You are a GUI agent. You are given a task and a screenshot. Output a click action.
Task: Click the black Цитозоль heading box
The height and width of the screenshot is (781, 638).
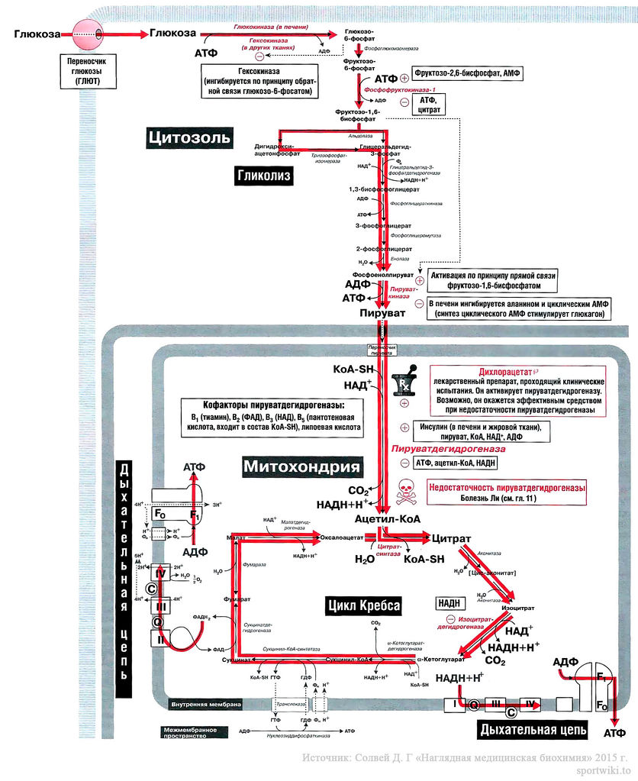pyautogui.click(x=188, y=137)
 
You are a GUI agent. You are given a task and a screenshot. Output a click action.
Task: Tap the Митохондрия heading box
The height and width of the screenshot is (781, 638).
pyautogui.click(x=301, y=466)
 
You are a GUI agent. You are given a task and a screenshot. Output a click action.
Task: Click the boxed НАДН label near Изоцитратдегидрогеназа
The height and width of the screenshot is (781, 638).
pyautogui.click(x=449, y=602)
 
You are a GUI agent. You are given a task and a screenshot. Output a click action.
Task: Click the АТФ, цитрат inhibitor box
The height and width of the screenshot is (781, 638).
pyautogui.click(x=427, y=105)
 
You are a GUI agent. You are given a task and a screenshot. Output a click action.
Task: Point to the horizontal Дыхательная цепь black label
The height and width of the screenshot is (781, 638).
pyautogui.click(x=533, y=730)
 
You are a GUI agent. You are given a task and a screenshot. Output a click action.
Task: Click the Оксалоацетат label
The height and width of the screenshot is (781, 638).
pyautogui.click(x=340, y=537)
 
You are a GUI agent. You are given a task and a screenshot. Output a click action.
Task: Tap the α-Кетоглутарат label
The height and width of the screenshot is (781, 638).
pyautogui.click(x=441, y=658)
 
